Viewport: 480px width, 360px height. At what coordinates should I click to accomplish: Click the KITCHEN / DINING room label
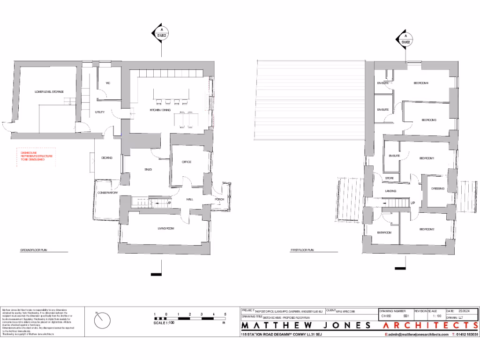[160, 110]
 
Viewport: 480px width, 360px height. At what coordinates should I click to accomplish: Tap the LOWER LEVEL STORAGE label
[49, 91]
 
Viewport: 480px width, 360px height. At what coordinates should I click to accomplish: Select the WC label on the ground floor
[108, 83]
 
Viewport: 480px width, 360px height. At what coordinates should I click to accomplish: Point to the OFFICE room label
[187, 162]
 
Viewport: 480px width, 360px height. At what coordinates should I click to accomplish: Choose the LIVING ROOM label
[165, 228]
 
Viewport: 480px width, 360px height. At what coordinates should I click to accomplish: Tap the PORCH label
[219, 199]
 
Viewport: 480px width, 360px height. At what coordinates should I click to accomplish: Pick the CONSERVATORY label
[107, 193]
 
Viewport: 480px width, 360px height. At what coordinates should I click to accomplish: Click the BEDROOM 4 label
[421, 83]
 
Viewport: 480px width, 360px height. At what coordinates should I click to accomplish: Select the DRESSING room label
[437, 189]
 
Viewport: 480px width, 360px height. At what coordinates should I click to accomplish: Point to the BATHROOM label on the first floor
[384, 232]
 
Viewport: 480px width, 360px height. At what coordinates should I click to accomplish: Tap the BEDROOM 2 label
[427, 229]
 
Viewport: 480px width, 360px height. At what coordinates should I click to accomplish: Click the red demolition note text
[35, 156]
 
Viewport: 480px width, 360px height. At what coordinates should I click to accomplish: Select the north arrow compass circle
[102, 321]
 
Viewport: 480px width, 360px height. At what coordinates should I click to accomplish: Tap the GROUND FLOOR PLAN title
[33, 250]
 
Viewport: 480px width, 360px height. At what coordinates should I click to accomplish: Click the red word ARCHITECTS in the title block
[431, 326]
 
